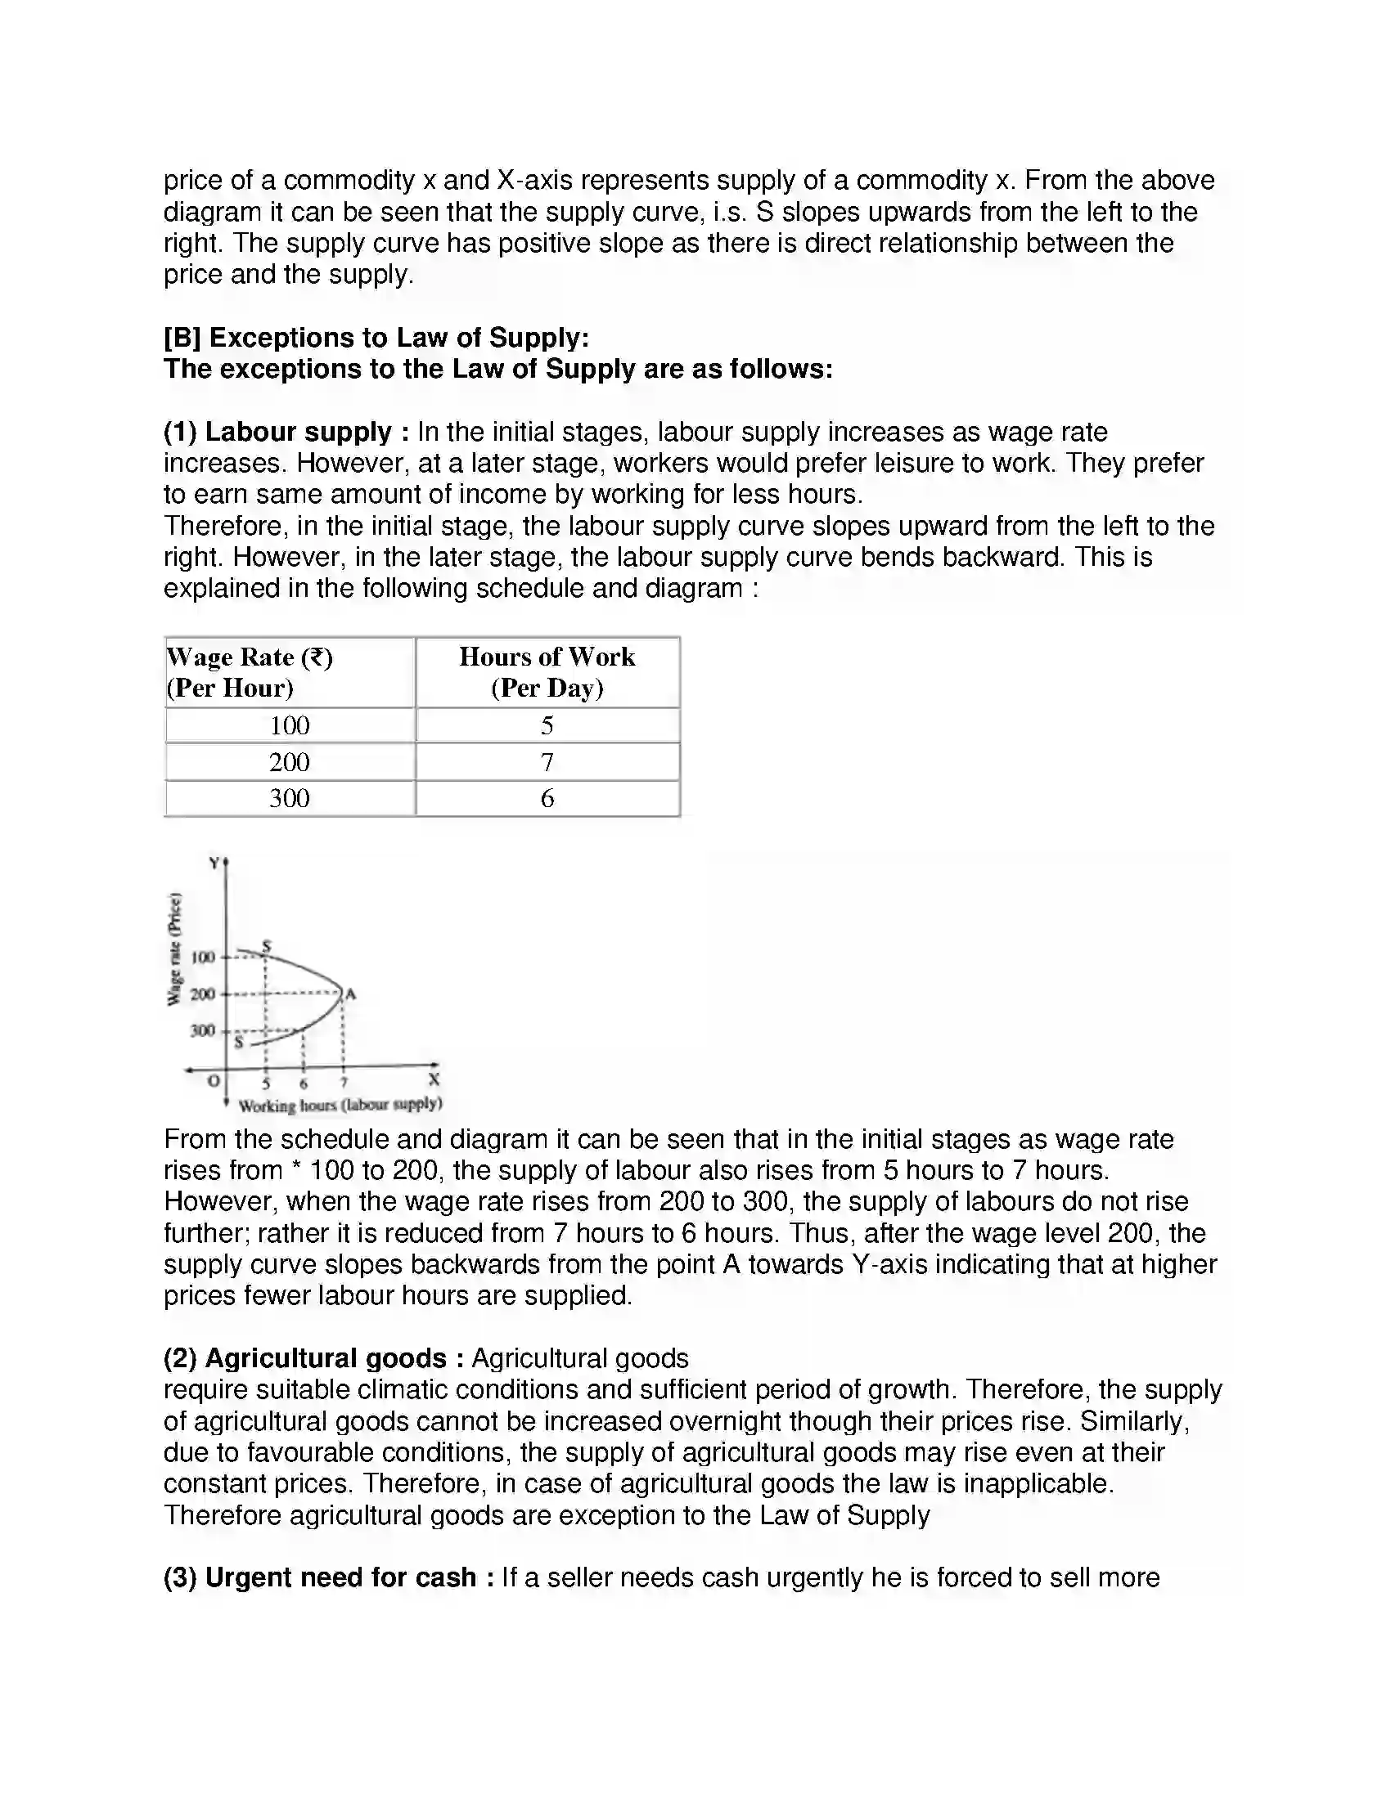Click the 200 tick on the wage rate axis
[203, 994]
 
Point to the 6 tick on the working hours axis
[304, 1084]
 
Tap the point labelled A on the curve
[350, 994]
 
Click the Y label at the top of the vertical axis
[214, 863]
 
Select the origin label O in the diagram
[214, 1080]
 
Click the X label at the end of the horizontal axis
[434, 1079]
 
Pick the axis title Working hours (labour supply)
[340, 1105]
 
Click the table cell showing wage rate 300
[289, 798]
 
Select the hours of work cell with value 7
[547, 762]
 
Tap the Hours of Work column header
[547, 672]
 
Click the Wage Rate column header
[250, 672]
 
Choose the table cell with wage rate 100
[289, 725]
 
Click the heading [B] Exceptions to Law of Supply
[376, 338]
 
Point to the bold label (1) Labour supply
[286, 432]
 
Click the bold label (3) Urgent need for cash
[329, 1577]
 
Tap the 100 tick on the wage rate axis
[203, 958]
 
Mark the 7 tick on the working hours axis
[344, 1083]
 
